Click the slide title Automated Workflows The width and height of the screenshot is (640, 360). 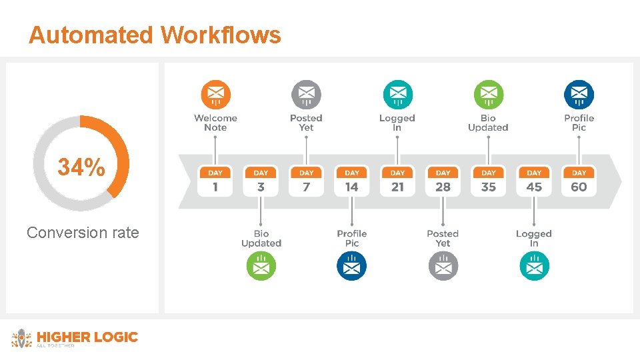[x=155, y=35]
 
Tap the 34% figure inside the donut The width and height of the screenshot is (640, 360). [x=81, y=167]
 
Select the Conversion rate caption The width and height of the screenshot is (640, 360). [x=83, y=233]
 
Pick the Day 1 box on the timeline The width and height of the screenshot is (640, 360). [x=215, y=181]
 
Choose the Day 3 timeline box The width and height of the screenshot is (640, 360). [x=261, y=181]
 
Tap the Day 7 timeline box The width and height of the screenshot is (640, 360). [x=306, y=181]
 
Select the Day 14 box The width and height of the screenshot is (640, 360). [x=352, y=181]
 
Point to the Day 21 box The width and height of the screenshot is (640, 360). [x=397, y=181]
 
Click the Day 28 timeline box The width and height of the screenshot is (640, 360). [x=443, y=181]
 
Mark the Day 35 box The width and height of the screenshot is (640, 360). [x=489, y=181]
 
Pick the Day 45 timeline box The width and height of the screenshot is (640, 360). [x=534, y=181]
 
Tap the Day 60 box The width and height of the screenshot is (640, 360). [x=579, y=181]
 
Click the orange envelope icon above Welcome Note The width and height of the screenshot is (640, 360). [x=215, y=95]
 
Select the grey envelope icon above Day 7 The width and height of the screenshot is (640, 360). [x=306, y=95]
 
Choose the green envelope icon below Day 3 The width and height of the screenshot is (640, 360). [x=261, y=267]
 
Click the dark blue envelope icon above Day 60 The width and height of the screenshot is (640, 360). [x=579, y=95]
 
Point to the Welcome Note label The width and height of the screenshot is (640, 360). [x=215, y=123]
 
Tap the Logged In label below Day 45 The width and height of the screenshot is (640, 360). [x=534, y=238]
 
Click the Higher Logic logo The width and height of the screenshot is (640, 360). [x=75, y=338]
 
